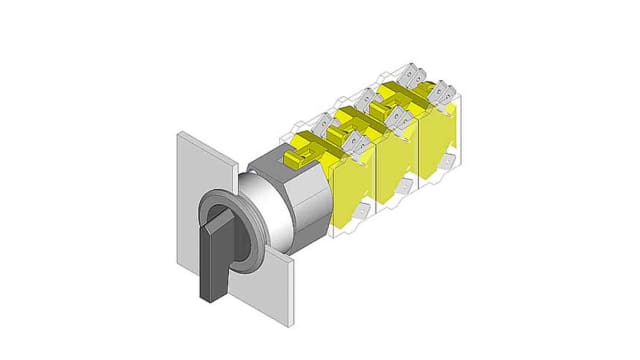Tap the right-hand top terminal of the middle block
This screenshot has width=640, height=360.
[x=396, y=119]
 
